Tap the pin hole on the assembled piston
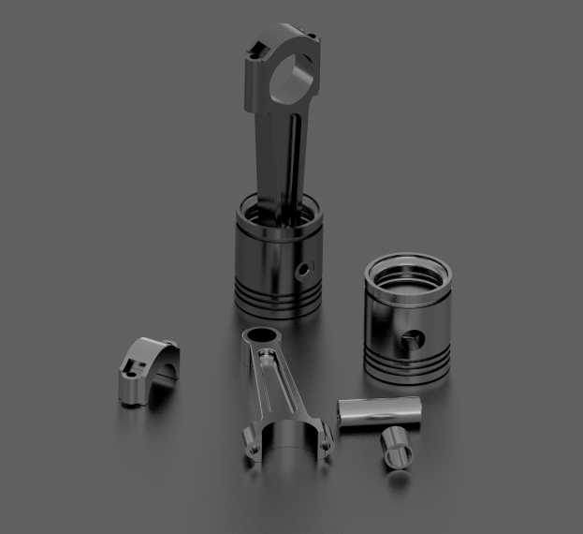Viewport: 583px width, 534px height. click(x=301, y=271)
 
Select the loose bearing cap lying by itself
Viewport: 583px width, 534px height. click(x=141, y=368)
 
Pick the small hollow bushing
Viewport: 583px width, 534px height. click(x=397, y=447)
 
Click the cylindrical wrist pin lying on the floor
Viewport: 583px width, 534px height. click(x=380, y=411)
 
